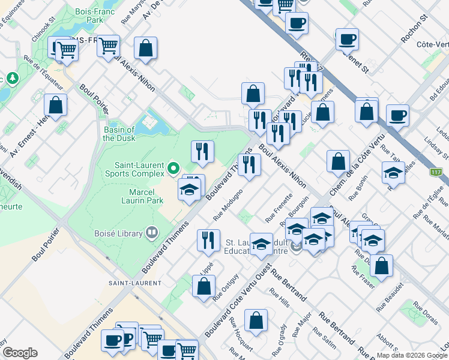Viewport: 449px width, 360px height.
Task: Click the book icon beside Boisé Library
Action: pos(151,233)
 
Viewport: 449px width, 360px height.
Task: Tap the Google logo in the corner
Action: pos(19,353)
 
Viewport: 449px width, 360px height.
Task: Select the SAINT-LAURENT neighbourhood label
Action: pos(135,283)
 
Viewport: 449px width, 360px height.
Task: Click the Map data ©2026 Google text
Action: pos(412,355)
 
